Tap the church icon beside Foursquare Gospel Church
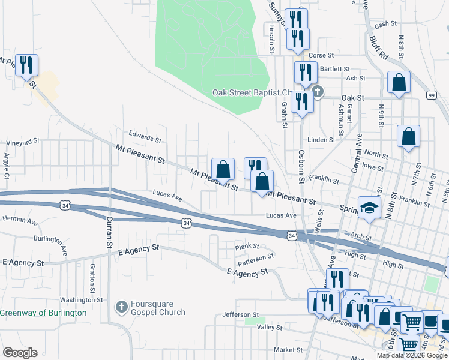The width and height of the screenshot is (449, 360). pyautogui.click(x=121, y=307)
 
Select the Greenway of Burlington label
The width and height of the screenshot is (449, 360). pyautogui.click(x=43, y=313)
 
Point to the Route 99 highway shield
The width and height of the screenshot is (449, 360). pyautogui.click(x=431, y=95)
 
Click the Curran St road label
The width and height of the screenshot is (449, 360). pyautogui.click(x=110, y=231)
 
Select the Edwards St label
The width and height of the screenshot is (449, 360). pyautogui.click(x=145, y=138)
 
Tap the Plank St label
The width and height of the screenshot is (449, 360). pyautogui.click(x=247, y=246)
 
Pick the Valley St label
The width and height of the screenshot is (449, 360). pyautogui.click(x=270, y=328)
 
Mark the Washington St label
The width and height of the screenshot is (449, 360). pyautogui.click(x=82, y=299)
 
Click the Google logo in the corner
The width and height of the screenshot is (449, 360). pyautogui.click(x=20, y=353)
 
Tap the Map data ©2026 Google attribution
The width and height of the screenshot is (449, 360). pyautogui.click(x=412, y=355)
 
